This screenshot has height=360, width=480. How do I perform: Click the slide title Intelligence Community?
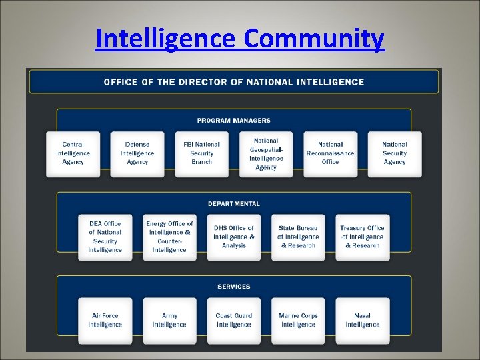coord(239,39)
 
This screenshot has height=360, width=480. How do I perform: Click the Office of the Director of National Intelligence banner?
coord(233,82)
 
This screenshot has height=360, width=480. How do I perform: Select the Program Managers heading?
coord(233,121)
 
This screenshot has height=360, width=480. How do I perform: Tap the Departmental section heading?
coord(233,203)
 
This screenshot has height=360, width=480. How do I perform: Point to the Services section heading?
coord(233,287)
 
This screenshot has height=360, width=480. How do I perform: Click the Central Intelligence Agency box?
coord(73,154)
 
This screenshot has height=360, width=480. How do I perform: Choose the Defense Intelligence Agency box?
coord(137,154)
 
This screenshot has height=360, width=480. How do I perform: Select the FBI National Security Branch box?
coord(201,154)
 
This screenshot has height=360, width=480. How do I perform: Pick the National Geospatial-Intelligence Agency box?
coord(266,154)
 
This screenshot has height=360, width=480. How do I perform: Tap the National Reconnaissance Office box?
coord(330,154)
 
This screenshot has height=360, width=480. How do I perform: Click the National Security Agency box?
coord(395,154)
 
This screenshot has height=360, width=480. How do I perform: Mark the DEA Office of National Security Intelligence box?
coord(105,237)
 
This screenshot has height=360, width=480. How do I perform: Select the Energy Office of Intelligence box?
coord(169,237)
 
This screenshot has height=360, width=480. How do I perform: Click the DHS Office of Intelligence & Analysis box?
coord(233,237)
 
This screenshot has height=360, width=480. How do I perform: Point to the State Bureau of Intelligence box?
coord(298,237)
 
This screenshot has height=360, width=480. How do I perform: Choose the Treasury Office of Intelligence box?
coord(362,237)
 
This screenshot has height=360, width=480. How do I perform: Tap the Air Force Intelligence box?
coord(105,321)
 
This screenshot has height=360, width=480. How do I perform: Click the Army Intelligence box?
coord(169,321)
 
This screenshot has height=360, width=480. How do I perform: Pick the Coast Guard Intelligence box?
coord(233,321)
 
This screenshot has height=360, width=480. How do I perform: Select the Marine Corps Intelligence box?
coord(298,321)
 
